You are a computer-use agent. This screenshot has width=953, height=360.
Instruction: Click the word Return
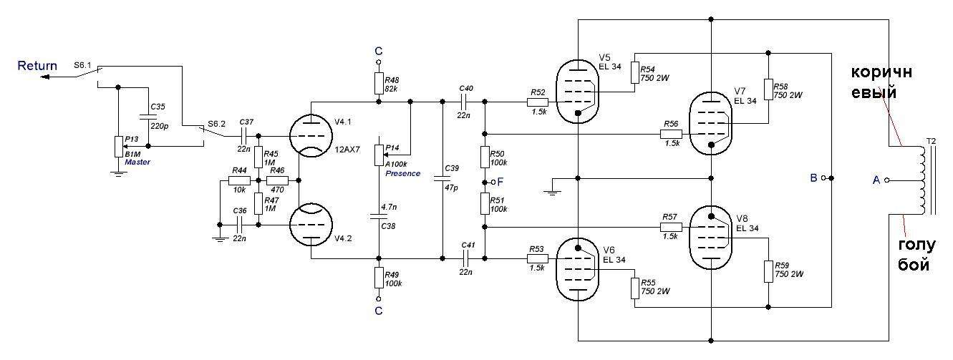(37, 66)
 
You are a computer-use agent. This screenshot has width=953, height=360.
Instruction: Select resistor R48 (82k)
(379, 83)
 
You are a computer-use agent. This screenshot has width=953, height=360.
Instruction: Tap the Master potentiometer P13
(119, 147)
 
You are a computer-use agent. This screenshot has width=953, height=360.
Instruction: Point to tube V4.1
(311, 136)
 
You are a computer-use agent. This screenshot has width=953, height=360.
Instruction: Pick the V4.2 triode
(311, 225)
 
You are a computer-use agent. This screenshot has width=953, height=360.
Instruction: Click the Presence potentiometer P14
(379, 155)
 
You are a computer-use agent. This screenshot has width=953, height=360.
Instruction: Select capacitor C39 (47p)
(442, 178)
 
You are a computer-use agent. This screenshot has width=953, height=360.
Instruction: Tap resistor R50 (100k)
(485, 157)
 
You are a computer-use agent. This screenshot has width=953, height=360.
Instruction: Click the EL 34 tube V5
(578, 91)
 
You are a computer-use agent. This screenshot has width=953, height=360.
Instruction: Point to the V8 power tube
(711, 237)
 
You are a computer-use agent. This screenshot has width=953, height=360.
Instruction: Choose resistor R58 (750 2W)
(768, 89)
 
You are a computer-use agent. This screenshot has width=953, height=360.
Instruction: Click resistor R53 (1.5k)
(537, 258)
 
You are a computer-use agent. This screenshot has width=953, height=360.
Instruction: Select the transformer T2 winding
(921, 180)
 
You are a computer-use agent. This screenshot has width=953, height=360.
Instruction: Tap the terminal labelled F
(493, 182)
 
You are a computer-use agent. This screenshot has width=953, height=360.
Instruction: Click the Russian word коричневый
(881, 82)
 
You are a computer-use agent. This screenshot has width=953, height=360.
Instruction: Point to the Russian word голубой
(916, 255)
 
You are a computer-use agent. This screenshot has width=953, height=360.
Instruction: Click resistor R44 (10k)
(239, 180)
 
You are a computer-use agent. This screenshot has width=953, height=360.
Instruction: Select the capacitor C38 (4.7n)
(379, 217)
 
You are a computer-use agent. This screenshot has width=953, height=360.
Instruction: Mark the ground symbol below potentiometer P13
(119, 173)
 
